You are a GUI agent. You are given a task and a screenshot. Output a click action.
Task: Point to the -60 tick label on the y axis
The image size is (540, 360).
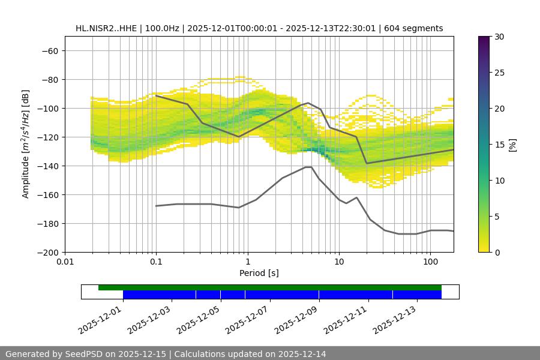coord(49,50)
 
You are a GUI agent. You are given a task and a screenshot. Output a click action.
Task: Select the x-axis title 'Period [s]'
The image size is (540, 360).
coord(259,273)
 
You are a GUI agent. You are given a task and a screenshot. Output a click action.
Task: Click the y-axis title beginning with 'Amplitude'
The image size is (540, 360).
coord(26,144)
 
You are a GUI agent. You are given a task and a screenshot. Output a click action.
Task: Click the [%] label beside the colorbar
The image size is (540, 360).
coord(512,145)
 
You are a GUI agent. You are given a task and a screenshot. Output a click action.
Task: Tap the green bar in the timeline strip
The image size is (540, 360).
coord(270,287)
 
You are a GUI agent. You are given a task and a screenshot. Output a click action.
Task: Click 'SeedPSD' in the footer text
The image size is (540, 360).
coord(83,354)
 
